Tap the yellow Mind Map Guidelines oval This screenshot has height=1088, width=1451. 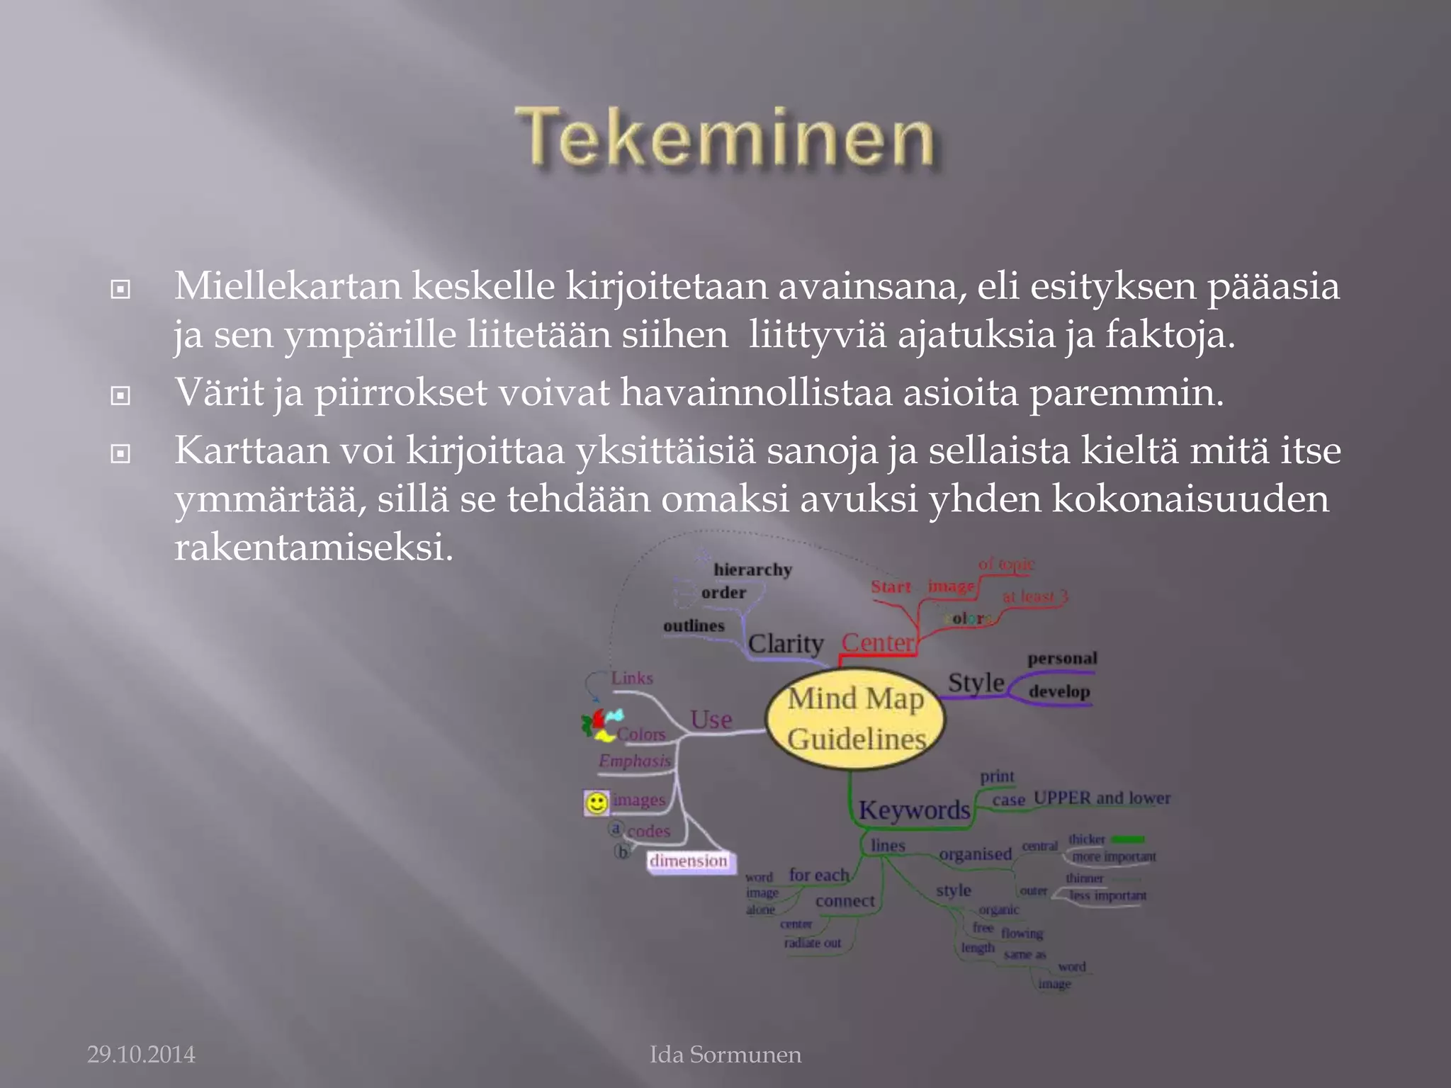856,718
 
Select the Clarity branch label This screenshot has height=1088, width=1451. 786,643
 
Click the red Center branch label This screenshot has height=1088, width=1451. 878,642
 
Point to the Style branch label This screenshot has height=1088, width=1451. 976,683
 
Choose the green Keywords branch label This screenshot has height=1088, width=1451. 914,810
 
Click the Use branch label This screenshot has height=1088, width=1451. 711,720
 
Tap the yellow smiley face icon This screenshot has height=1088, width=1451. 597,803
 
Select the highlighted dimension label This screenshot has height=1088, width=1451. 689,861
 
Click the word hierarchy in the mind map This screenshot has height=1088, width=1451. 752,569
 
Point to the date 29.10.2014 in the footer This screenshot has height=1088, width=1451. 141,1055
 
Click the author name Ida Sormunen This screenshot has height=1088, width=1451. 725,1055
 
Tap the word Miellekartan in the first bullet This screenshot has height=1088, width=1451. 288,287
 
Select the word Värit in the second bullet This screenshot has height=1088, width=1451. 219,392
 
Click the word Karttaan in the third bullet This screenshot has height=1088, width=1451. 252,450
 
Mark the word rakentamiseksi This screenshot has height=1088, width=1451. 313,547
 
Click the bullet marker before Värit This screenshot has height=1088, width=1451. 120,395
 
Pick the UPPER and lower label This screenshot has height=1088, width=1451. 1102,798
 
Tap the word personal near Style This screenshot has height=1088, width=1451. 1062,658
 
